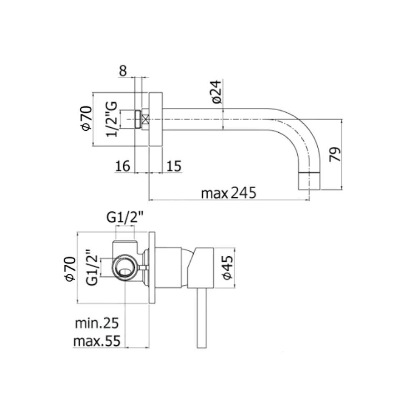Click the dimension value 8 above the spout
click(123, 71)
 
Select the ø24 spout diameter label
click(216, 92)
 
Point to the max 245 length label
click(229, 193)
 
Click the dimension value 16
click(123, 166)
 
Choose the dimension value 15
click(174, 166)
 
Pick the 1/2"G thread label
click(111, 119)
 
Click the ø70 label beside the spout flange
click(87, 118)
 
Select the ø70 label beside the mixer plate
click(71, 268)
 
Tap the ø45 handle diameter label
click(227, 267)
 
